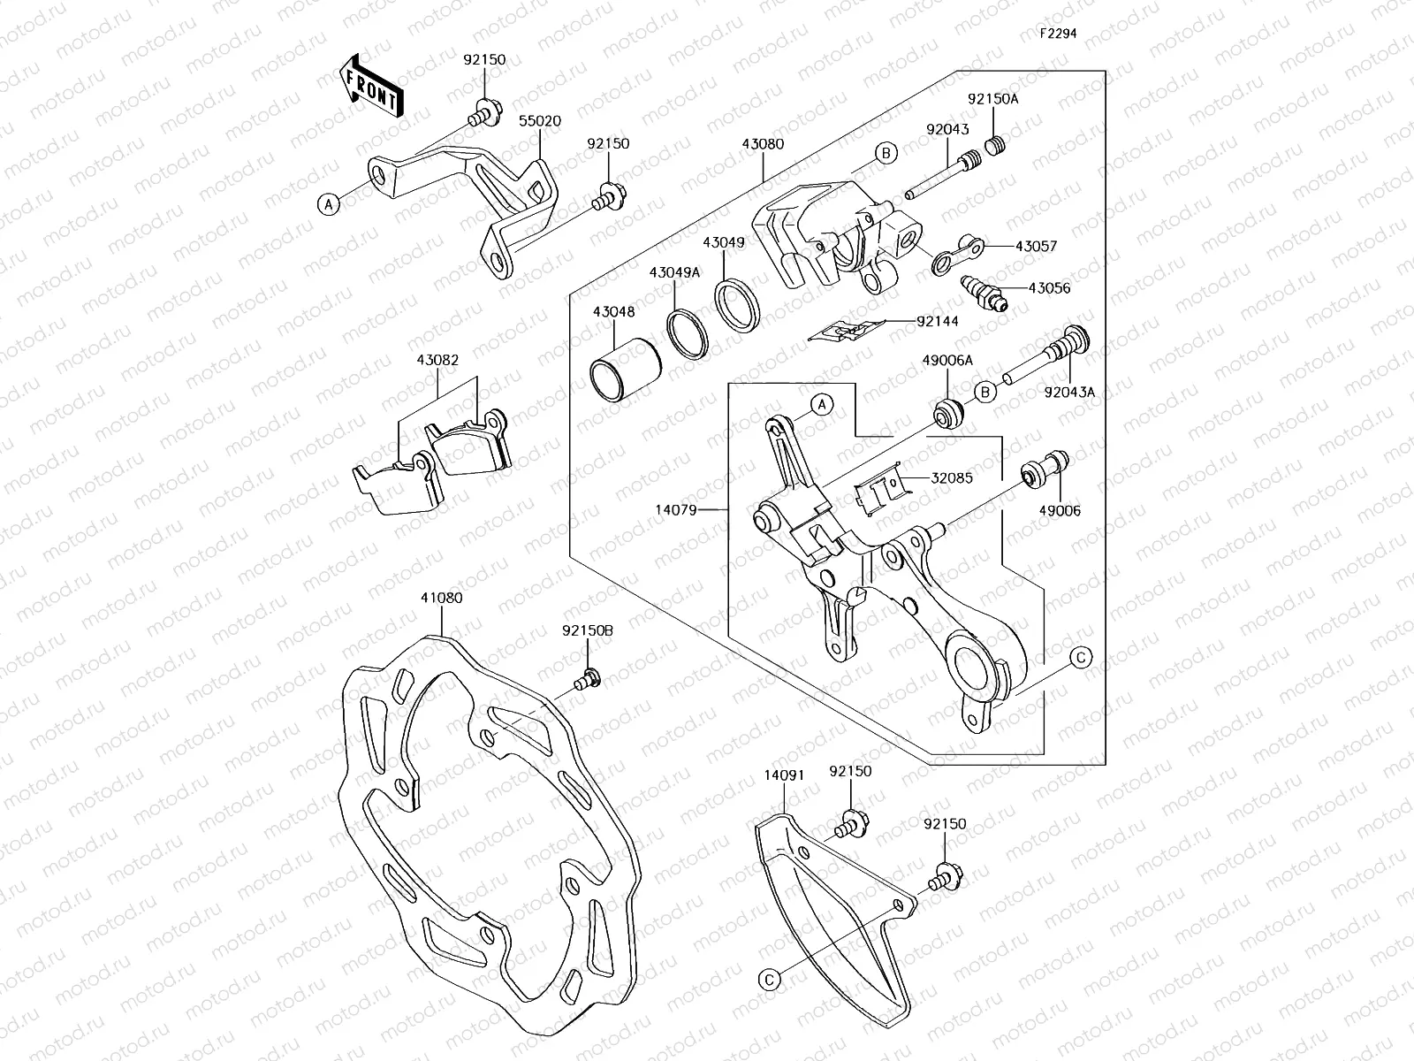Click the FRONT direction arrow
coord(371,86)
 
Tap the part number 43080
coord(763,144)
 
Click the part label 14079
coord(677,509)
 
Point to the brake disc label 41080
coord(441,598)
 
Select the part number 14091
coord(784,772)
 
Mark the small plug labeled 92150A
coord(997,145)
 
